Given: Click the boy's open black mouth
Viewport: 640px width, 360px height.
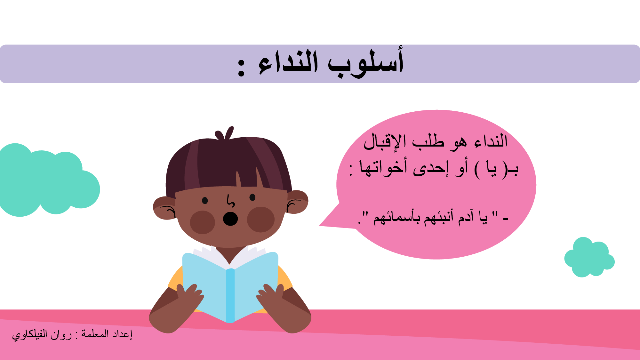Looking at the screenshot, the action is tap(230, 219).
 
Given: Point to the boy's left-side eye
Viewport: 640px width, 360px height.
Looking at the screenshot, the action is tap(205, 201).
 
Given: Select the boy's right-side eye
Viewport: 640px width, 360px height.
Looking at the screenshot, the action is tap(252, 197).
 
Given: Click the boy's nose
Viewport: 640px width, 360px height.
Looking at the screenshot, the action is tap(230, 201).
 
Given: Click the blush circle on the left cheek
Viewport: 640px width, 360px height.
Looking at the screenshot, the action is tap(202, 222).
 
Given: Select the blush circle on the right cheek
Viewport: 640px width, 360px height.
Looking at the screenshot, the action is tap(261, 220).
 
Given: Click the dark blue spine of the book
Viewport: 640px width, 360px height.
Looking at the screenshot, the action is tap(230, 295).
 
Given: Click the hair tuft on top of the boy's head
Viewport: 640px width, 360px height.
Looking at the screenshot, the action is tap(225, 133).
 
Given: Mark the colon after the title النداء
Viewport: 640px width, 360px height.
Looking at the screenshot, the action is tap(241, 67).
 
